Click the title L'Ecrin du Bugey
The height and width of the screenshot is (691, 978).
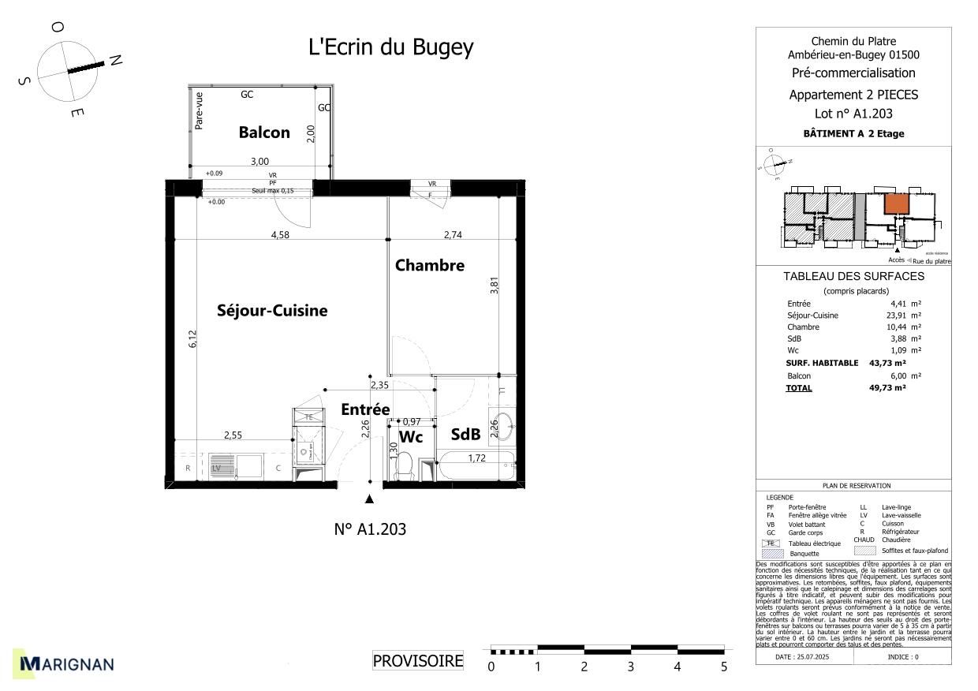(x=390, y=47)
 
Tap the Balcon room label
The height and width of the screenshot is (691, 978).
(x=264, y=133)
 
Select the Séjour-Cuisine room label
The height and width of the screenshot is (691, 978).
(x=272, y=311)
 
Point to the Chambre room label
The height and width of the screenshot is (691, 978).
(x=430, y=265)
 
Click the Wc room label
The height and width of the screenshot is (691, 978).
(x=411, y=437)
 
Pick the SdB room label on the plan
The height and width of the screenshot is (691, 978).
(x=465, y=434)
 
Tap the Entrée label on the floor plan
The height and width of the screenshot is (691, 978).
(x=365, y=409)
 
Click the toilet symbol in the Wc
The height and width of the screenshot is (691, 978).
(x=406, y=466)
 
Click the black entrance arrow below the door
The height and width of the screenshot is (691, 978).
(x=369, y=499)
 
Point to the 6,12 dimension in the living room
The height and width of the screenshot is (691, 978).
(x=192, y=339)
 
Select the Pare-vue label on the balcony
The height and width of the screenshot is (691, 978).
(x=200, y=110)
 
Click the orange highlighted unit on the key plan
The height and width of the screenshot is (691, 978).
(x=894, y=204)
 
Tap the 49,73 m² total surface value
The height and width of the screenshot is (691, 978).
(x=887, y=388)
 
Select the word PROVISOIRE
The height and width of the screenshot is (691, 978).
(x=418, y=661)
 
